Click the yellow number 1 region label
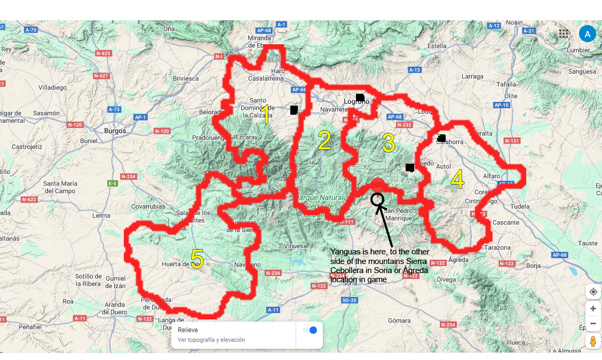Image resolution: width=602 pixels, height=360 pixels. [x=266, y=116]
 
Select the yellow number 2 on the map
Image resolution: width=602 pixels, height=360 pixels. [x=324, y=140]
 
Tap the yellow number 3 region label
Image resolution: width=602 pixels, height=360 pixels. [x=389, y=143]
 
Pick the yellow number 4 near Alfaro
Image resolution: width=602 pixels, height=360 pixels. [x=457, y=180]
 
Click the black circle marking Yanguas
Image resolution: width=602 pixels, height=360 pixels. [x=377, y=199]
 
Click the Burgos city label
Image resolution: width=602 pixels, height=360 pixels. [x=115, y=131]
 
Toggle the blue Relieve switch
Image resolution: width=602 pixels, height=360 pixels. [x=310, y=330]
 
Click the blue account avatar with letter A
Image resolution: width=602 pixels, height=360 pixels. [x=587, y=34]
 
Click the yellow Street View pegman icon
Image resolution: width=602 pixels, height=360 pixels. [x=593, y=342]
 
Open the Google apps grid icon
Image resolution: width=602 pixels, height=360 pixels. [x=564, y=34]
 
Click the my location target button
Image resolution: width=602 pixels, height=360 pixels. [x=593, y=292]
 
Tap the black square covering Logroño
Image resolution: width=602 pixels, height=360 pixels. [x=360, y=98]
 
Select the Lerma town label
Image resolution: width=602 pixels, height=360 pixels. [x=101, y=216]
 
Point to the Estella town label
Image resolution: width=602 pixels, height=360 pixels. [x=437, y=46]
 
